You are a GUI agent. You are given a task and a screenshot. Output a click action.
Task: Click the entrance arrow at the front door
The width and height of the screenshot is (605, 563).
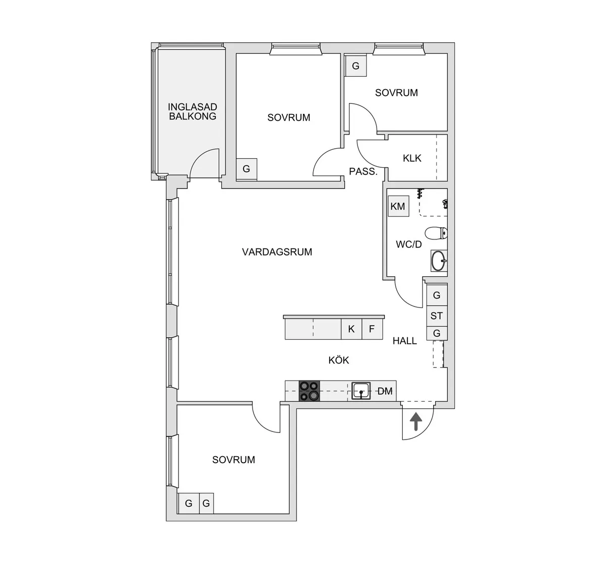coord(416,421)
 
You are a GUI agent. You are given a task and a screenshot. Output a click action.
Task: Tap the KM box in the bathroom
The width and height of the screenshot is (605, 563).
coord(398,206)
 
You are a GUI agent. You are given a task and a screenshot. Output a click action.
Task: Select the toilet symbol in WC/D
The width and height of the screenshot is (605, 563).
coord(436,233)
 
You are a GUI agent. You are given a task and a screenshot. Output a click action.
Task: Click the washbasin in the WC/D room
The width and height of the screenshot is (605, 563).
coord(439,261)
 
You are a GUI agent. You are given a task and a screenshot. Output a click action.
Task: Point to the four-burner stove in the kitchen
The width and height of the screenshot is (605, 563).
coord(309,391)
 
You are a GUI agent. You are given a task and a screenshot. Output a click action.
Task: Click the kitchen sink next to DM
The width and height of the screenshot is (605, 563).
coord(361,391)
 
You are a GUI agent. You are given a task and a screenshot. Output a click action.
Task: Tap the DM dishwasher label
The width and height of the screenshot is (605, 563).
coord(385,391)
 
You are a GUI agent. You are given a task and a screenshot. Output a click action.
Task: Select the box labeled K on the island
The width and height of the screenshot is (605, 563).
coord(351,329)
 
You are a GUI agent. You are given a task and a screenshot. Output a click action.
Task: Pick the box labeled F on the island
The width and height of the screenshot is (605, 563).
coord(372,329)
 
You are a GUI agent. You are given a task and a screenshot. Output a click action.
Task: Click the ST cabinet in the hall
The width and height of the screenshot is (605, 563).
coord(437,316)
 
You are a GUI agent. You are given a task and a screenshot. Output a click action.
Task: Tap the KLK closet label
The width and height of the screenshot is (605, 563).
coord(412,158)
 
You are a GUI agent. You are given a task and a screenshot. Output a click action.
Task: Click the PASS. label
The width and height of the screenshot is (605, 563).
coord(363,171)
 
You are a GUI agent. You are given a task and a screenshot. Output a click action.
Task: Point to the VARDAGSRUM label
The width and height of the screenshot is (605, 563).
coord(277,252)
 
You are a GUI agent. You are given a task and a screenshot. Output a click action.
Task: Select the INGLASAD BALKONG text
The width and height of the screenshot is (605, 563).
coord(192,111)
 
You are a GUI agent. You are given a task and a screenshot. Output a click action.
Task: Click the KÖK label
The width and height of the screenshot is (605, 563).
coord(339,360)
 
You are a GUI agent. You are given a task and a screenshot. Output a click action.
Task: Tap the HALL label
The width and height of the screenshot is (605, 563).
coord(405,341)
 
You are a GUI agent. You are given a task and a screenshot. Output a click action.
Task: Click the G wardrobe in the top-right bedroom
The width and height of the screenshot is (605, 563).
coord(355,66)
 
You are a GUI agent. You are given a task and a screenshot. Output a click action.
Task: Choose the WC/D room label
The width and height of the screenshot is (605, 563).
coord(408,245)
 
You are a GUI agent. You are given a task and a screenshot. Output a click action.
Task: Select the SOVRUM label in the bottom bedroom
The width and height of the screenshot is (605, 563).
coord(233,460)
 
